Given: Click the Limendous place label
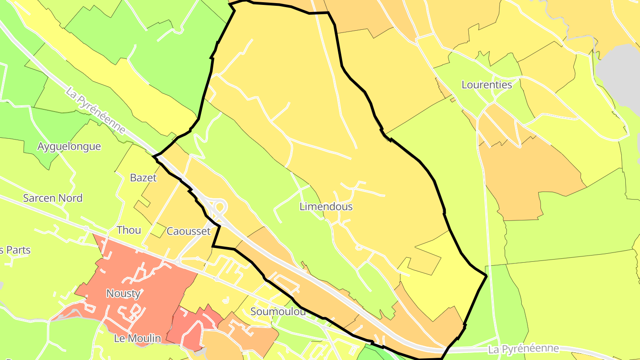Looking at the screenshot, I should (326, 207).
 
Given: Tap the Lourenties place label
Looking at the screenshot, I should (487, 84).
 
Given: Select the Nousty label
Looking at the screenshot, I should (124, 293).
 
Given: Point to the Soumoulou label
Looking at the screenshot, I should (278, 311).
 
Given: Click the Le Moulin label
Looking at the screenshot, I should (137, 338).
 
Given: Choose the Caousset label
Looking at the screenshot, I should (188, 231).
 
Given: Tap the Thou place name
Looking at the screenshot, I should (128, 230).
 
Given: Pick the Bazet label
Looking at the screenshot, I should (143, 178).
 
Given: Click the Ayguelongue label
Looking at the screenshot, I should (69, 146).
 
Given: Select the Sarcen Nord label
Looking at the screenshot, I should (52, 198).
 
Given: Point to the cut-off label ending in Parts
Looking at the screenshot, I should (15, 250).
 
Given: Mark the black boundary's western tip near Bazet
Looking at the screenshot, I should (154, 156).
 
